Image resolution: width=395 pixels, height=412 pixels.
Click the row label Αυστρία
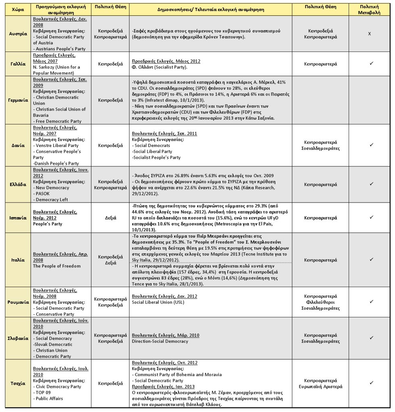click(x=16, y=34)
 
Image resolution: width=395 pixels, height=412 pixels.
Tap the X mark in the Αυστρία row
click(x=369, y=34)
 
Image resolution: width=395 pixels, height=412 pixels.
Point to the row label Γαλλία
click(x=16, y=64)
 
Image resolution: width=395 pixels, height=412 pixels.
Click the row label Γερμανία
click(x=16, y=100)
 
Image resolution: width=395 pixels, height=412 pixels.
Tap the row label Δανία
click(x=16, y=145)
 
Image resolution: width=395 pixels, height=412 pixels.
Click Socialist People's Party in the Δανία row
click(x=156, y=157)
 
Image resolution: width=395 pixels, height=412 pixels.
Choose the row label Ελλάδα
click(x=16, y=184)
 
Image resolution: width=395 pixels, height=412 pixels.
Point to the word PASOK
click(x=43, y=194)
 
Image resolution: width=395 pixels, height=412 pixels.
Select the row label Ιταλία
click(x=16, y=260)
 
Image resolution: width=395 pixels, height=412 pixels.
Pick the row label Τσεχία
click(x=16, y=383)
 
